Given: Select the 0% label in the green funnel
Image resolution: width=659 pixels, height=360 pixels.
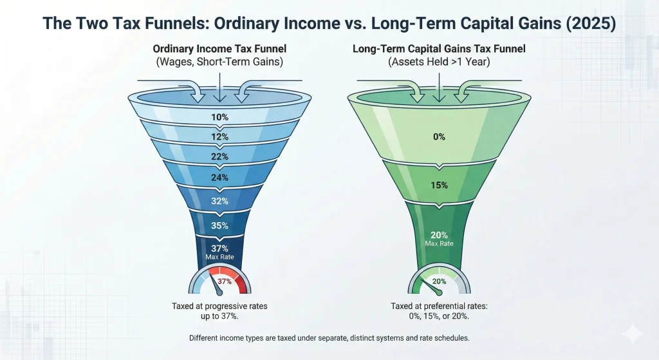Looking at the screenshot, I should pyautogui.click(x=440, y=137).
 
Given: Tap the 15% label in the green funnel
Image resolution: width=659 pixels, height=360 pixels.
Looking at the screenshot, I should pyautogui.click(x=440, y=185).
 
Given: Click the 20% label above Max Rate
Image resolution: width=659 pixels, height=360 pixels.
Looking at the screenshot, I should pyautogui.click(x=440, y=235).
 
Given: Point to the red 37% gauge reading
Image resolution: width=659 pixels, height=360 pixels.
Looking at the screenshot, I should pyautogui.click(x=225, y=281).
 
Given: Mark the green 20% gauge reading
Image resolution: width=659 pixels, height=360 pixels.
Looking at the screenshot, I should pyautogui.click(x=440, y=281).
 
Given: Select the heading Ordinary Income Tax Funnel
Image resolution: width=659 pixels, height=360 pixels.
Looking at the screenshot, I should pyautogui.click(x=220, y=49).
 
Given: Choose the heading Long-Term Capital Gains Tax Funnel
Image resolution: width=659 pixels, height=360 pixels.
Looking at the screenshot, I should pyautogui.click(x=440, y=49).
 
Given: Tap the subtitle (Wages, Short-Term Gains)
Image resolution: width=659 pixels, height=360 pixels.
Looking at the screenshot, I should pyautogui.click(x=220, y=62).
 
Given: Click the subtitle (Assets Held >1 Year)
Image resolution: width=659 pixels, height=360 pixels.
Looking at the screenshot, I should pyautogui.click(x=440, y=62).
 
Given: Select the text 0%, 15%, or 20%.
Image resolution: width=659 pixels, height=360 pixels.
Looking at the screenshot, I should pyautogui.click(x=440, y=317).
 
